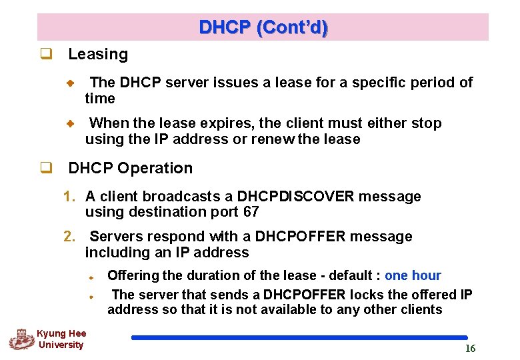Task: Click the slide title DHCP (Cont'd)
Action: pos(263,27)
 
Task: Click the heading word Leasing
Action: pos(98,55)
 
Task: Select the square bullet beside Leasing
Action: pos(46,55)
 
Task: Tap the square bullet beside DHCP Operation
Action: pos(46,168)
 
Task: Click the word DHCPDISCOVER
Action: pos(296,197)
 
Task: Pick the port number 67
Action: pos(251,212)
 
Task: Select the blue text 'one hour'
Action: pos(413,275)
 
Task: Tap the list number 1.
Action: pos(69,197)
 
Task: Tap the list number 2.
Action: pos(69,237)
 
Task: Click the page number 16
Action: pos(470,349)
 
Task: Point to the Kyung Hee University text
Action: pos(61,339)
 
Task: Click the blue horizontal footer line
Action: pos(299,338)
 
